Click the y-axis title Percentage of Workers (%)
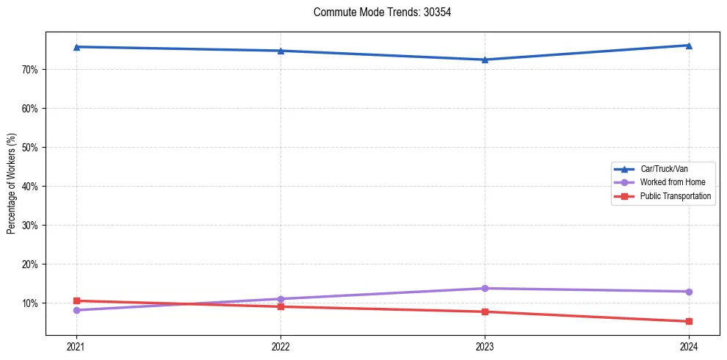click(11, 184)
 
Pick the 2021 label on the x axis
click(76, 346)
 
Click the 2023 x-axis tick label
click(485, 346)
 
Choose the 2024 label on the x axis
click(689, 346)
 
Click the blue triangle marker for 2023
click(485, 60)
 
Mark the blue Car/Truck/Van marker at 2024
click(689, 46)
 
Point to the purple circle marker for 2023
click(485, 288)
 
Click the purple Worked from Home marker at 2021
click(76, 310)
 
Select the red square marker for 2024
click(689, 321)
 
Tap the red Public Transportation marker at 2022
click(281, 306)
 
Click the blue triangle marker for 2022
click(281, 51)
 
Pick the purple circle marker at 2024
click(689, 292)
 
